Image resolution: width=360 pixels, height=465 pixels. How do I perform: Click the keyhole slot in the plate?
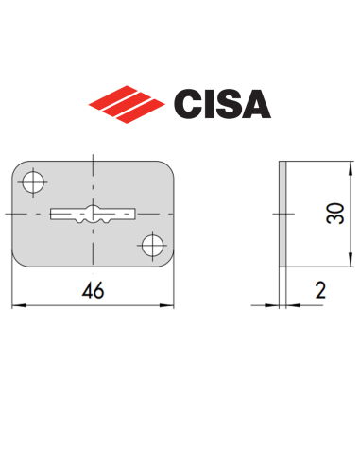coord(92,213)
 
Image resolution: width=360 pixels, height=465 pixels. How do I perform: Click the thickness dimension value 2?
coord(319,291)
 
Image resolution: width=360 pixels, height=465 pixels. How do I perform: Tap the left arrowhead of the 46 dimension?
coord(18,305)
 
